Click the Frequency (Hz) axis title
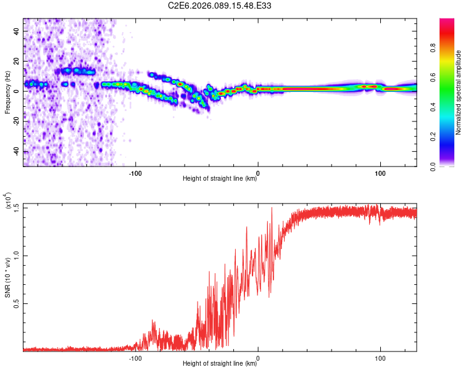pos(7,92)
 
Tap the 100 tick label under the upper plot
pos(380,173)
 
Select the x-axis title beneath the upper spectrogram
pos(220,179)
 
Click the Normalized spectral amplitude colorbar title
pos(458,92)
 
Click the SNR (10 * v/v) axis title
pos(7,277)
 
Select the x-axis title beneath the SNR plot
pos(220,364)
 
